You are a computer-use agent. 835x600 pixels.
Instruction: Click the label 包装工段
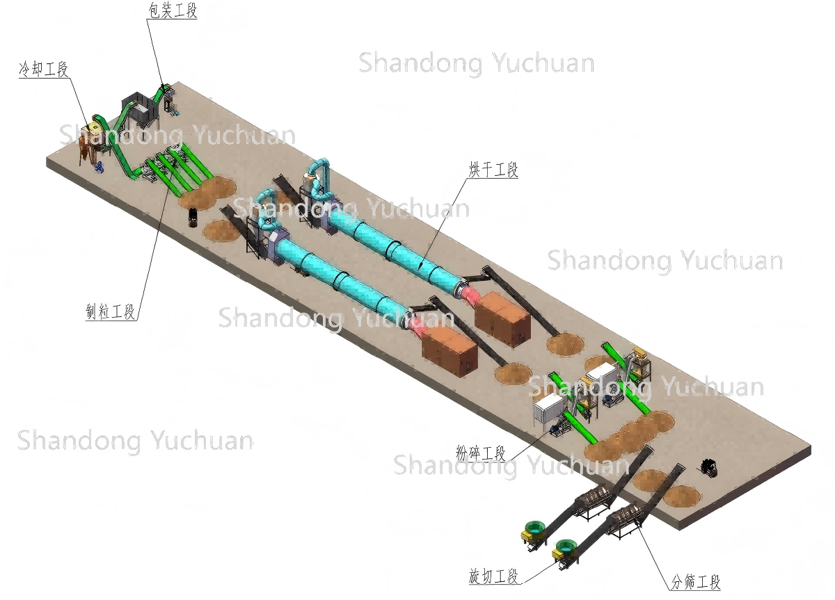173,11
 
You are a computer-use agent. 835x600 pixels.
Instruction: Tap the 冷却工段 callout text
43,68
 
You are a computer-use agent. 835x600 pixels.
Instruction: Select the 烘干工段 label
493,170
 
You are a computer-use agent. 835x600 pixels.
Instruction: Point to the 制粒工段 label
110,312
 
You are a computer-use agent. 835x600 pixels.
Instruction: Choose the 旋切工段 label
493,576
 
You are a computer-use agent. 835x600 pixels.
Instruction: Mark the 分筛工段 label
695,582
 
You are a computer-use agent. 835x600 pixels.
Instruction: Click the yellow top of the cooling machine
93,129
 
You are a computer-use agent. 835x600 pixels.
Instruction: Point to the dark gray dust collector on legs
141,106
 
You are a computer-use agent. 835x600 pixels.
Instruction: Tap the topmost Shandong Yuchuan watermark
476,63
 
